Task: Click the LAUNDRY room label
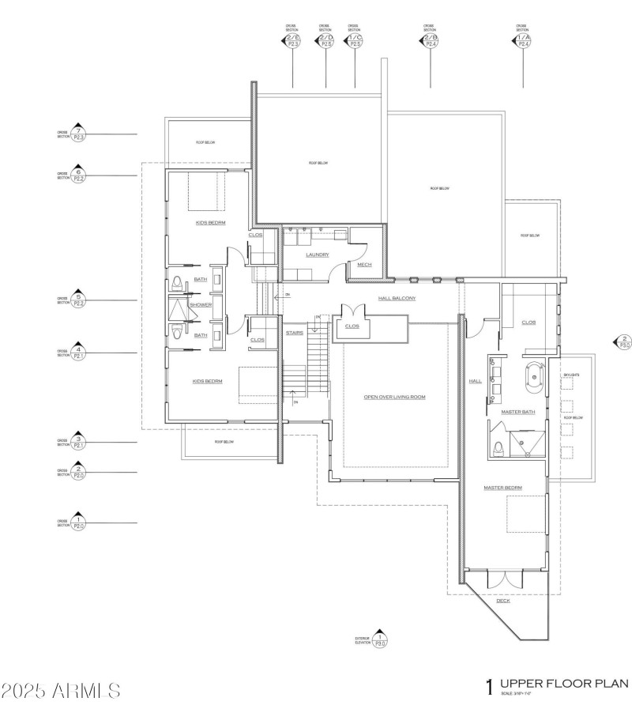tap(318, 255)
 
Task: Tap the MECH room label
tap(364, 265)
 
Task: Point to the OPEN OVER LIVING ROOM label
tap(394, 396)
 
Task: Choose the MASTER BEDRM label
tap(503, 488)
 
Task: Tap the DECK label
tap(503, 601)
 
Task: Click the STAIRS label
tap(295, 333)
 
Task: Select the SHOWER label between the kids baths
tap(201, 305)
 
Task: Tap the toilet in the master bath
tap(497, 448)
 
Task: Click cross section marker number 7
tap(77, 134)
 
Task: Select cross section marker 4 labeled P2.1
tap(77, 353)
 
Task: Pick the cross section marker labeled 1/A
tap(522, 40)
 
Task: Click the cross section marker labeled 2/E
tap(293, 40)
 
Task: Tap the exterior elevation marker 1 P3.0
tap(380, 639)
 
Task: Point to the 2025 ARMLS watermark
tap(62, 690)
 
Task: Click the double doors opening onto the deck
tap(504, 580)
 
